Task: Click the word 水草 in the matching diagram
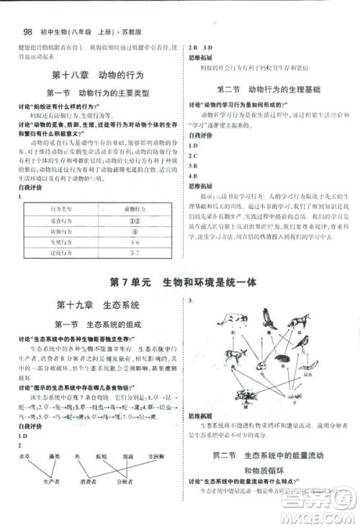(22, 455)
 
